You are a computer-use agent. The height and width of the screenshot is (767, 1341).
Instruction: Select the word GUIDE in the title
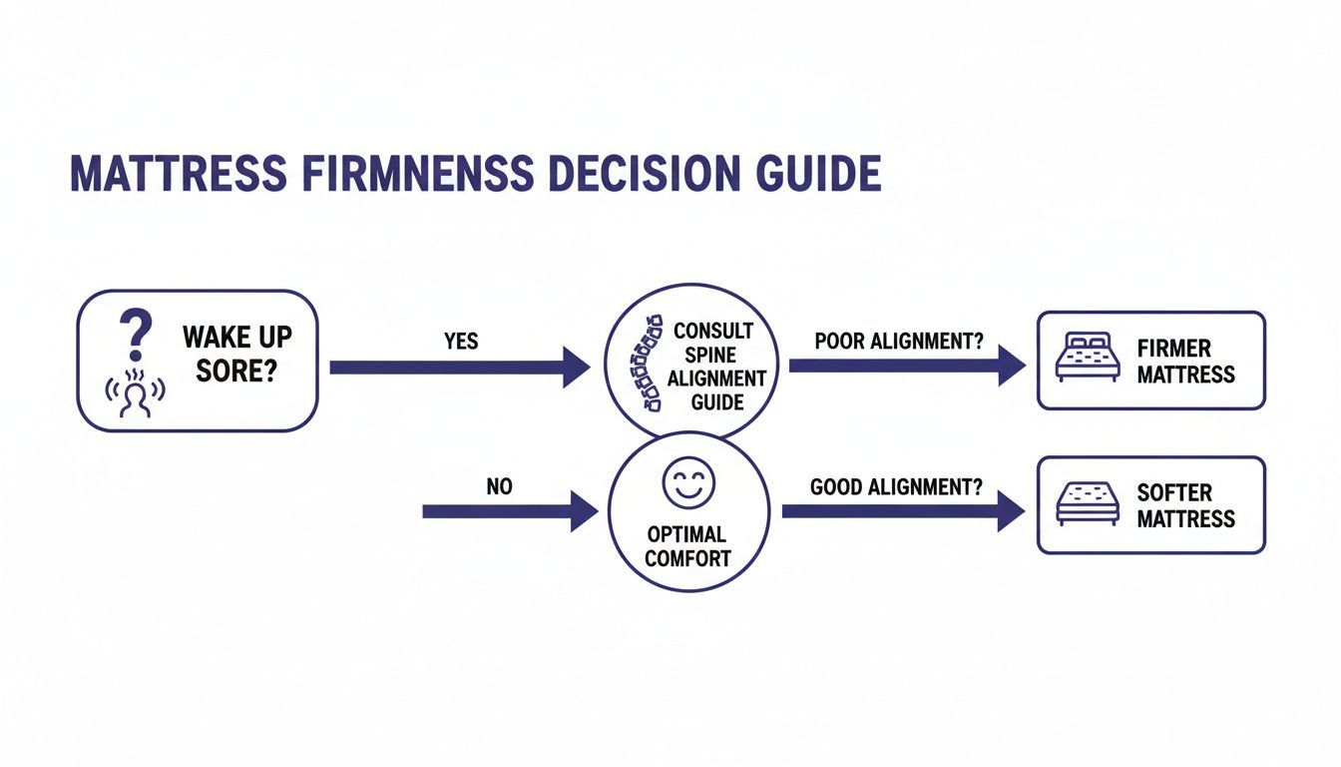click(822, 175)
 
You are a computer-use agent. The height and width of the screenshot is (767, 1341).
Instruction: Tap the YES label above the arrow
click(461, 342)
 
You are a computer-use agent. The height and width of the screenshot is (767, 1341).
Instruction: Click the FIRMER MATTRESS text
click(1185, 362)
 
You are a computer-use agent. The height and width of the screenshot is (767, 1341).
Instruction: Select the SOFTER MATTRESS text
click(1185, 505)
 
